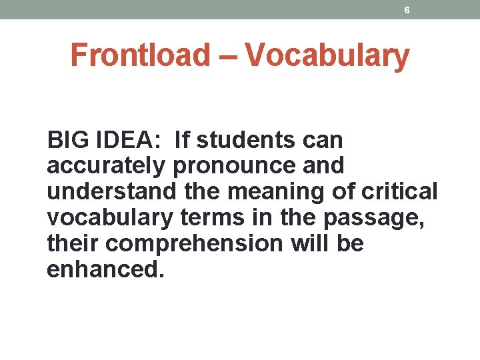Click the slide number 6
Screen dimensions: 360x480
(407, 10)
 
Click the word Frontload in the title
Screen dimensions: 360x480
(139, 55)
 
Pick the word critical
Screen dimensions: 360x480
(399, 192)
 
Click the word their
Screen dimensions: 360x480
(73, 244)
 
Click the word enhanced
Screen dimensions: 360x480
(105, 270)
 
